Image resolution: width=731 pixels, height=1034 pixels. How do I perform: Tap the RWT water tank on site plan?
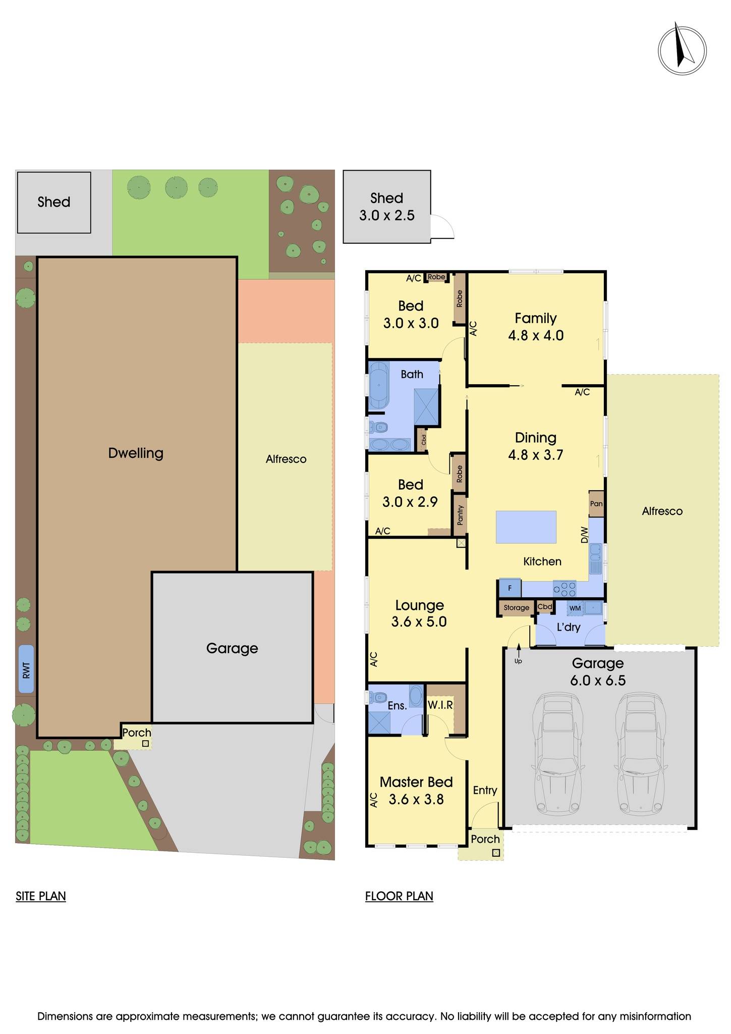[26, 669]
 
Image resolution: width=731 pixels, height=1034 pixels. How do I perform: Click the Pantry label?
[460, 515]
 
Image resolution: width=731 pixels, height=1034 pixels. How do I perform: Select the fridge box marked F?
[510, 588]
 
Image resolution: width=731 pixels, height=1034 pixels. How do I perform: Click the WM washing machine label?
[575, 608]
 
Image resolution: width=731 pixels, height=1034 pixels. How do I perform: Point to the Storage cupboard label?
[516, 608]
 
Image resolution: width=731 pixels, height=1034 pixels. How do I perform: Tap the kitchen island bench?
[526, 527]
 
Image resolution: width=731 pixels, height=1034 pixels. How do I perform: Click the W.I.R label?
[440, 705]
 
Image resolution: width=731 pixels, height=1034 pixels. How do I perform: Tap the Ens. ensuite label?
[397, 706]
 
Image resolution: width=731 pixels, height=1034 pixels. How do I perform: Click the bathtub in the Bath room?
[379, 385]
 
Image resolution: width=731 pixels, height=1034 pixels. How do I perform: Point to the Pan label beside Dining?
[596, 504]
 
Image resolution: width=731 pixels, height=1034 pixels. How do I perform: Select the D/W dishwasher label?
[584, 535]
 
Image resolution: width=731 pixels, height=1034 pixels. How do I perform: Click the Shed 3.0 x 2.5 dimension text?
[386, 216]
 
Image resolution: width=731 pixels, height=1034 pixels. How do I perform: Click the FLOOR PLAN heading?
[399, 896]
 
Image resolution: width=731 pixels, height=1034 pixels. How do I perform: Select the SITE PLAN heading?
[41, 896]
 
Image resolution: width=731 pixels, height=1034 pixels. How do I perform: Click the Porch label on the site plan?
[137, 733]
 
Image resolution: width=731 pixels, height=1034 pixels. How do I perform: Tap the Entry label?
[485, 790]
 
